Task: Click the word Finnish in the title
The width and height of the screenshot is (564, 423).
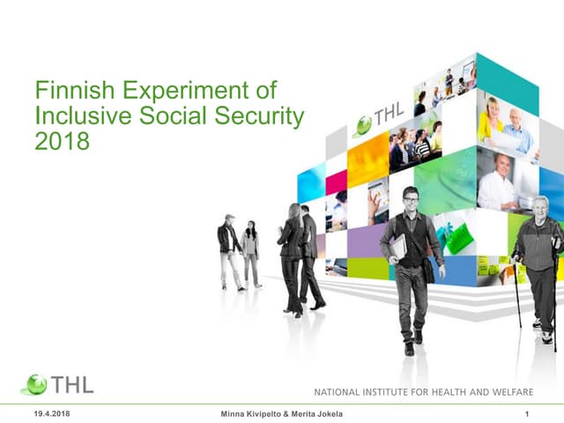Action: (x=64, y=91)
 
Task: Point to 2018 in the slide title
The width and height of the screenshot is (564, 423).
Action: (x=62, y=140)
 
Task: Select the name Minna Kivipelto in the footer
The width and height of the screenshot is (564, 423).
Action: (x=256, y=414)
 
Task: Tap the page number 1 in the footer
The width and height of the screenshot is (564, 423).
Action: (x=526, y=414)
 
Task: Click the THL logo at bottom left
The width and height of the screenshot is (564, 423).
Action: (x=56, y=384)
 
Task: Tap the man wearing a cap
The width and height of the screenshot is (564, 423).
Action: (x=230, y=249)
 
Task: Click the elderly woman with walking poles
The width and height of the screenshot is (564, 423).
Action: (x=538, y=264)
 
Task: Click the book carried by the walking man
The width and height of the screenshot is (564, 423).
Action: (x=397, y=249)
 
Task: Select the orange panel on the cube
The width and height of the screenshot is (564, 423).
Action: (x=368, y=160)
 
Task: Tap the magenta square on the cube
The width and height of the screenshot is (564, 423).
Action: (x=336, y=182)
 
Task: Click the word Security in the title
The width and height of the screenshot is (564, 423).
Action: (x=264, y=115)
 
